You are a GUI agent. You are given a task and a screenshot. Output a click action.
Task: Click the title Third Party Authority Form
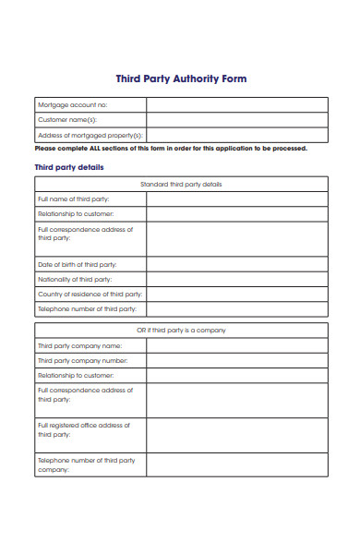coord(180,79)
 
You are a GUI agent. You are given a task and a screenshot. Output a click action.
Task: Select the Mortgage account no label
coord(72,105)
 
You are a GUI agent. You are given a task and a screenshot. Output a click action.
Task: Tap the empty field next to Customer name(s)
coord(236,119)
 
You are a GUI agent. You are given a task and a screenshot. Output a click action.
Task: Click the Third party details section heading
coord(69,167)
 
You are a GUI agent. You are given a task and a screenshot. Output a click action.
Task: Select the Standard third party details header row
coord(181,184)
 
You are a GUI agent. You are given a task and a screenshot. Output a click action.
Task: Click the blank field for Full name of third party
coord(236,199)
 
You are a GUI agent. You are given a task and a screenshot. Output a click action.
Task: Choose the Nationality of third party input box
coord(236,279)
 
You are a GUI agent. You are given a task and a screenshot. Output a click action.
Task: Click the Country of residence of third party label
coord(87,294)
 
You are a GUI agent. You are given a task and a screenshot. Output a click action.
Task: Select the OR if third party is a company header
coord(181,330)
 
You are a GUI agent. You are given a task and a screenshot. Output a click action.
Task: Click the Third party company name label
coord(79,345)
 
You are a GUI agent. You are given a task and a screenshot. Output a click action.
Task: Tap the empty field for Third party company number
coord(236,360)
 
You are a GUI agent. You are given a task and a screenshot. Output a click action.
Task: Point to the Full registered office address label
coord(83,429)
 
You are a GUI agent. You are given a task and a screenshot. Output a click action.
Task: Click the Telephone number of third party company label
coord(86,464)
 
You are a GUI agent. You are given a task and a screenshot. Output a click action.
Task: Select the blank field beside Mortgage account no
coord(236,105)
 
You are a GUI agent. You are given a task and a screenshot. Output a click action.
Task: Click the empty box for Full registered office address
coord(236,435)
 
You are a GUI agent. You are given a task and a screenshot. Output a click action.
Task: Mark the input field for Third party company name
coord(236,345)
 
